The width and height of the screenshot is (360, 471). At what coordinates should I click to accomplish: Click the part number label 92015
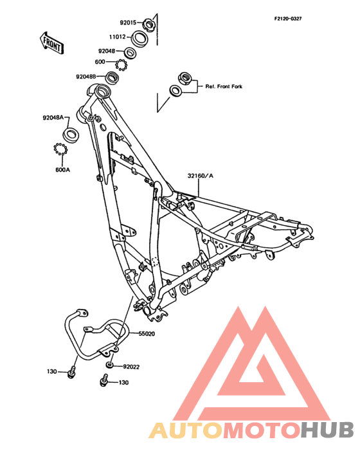[x=128, y=23]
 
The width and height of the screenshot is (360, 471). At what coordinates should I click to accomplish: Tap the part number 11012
[x=117, y=37]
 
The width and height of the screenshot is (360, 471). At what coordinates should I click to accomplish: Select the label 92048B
[x=85, y=77]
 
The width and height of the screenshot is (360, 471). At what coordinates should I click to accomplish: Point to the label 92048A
[x=53, y=118]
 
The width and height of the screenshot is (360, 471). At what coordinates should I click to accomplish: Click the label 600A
[x=63, y=170]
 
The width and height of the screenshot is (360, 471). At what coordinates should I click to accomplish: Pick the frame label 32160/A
[x=201, y=176]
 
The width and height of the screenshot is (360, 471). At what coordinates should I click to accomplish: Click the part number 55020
[x=147, y=334]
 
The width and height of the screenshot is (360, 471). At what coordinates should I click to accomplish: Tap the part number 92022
[x=131, y=367]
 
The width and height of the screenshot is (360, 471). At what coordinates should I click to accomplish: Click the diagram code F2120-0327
[x=288, y=19]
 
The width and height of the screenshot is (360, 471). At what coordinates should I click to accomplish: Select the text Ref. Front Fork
[x=224, y=86]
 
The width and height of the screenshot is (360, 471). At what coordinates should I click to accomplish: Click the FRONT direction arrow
[x=51, y=43]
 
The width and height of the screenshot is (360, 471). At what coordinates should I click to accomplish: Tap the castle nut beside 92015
[x=148, y=24]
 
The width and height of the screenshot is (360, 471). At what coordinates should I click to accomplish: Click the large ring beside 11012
[x=139, y=39]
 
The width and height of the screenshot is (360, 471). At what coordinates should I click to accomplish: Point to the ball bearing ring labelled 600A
[x=60, y=149]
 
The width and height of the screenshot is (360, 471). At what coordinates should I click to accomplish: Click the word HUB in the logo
[x=327, y=430]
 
